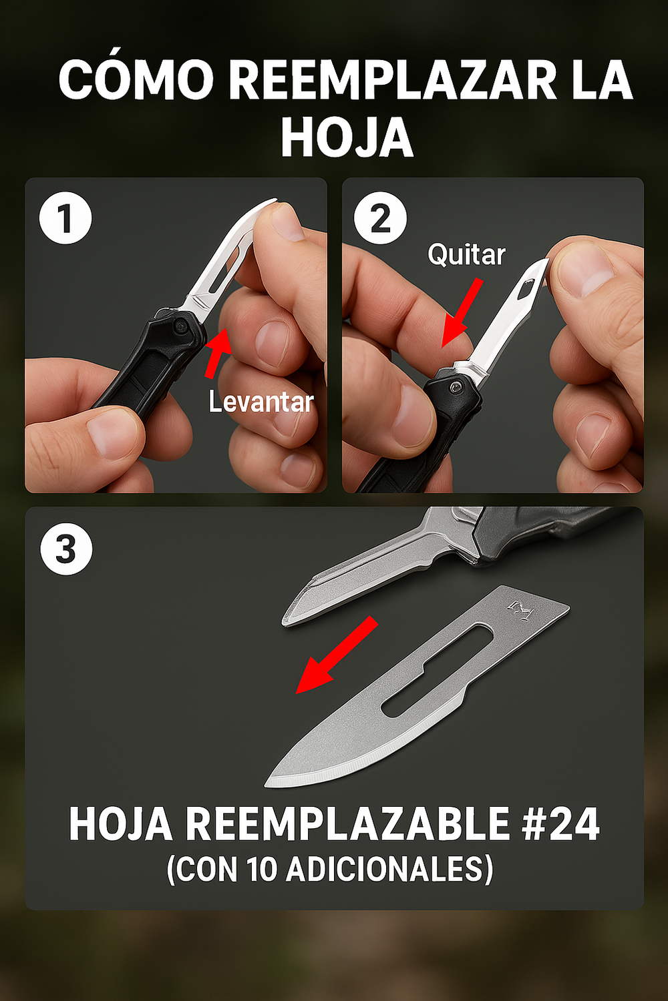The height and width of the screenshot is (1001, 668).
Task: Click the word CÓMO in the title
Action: pos(136,81)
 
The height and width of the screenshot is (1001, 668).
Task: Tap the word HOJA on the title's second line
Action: pos(347,138)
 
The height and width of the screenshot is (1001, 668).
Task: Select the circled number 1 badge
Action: pos(65,218)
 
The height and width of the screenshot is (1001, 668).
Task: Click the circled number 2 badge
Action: pos(380,218)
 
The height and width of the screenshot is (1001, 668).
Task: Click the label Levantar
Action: pos(261,402)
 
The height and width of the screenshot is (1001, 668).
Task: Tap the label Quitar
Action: pos(466,255)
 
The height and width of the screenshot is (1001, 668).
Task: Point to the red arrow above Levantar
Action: pos(218,351)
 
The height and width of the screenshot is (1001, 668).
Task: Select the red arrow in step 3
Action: pos(335,655)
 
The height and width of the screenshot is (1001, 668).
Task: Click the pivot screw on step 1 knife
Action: pos(180,326)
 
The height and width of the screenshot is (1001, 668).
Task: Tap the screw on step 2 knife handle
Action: pos(456,388)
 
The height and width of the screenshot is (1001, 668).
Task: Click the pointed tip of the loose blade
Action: pos(269,782)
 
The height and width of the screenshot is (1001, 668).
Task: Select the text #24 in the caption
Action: pos(560,825)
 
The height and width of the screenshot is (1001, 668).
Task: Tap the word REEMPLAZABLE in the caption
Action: pos(347,825)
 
